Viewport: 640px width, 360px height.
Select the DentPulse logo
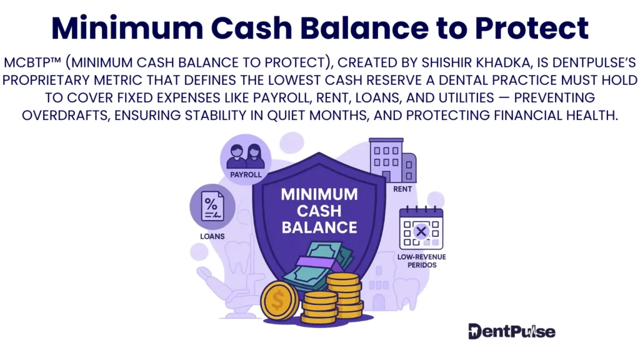click(x=511, y=331)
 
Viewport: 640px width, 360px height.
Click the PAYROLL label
click(x=246, y=174)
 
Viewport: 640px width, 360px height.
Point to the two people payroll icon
click(x=246, y=154)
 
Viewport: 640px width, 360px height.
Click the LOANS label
click(x=212, y=236)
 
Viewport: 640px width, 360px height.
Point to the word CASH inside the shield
click(x=319, y=211)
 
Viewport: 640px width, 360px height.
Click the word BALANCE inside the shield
click(x=319, y=227)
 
